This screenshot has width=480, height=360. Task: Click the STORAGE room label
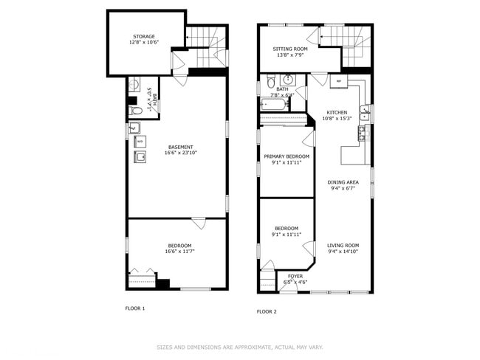[144, 36]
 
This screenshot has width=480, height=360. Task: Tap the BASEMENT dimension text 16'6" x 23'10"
[180, 153]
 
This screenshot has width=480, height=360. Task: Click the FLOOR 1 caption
[135, 308]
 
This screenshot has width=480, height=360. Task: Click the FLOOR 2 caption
[267, 311]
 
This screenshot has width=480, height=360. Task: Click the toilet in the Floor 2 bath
[271, 81]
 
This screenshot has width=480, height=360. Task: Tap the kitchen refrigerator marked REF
[339, 81]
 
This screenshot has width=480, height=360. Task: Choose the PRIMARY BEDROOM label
[287, 156]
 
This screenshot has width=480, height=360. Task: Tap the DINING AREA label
[343, 181]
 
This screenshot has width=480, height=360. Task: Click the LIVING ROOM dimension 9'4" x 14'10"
[343, 252]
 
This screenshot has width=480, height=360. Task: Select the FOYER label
[295, 277]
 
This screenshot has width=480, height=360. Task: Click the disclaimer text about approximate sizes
[240, 347]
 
